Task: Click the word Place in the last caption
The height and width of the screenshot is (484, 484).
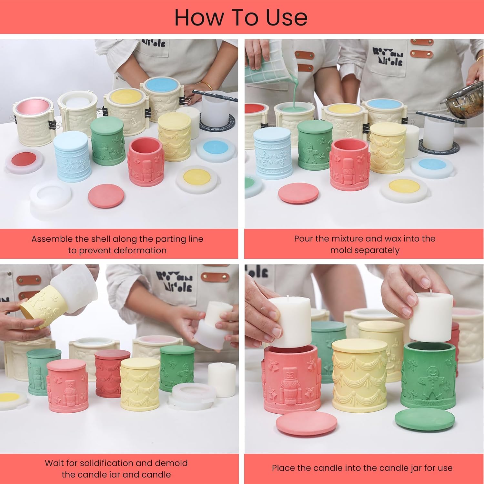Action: coord(283,468)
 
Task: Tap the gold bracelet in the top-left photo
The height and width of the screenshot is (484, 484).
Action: coord(207,86)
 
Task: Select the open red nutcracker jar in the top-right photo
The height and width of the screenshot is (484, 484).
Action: coord(349,163)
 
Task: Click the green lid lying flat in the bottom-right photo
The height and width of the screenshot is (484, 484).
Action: coord(424,419)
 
